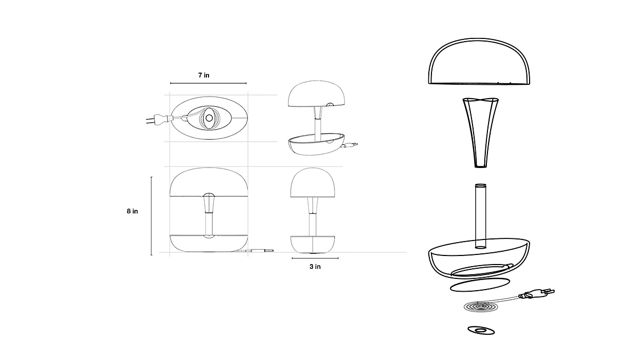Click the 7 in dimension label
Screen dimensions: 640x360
pos(203,75)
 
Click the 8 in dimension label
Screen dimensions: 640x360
pos(132,211)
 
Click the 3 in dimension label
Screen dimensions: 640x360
pos(315,266)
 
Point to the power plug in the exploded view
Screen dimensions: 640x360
pos(538,293)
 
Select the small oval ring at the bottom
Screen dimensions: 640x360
pos(481,331)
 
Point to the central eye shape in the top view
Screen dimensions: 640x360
pos(209,117)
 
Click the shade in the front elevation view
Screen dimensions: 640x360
pos(209,181)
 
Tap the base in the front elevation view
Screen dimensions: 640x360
pos(209,243)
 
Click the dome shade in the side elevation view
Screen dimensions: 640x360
pos(313,182)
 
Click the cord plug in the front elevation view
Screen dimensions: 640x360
pos(262,251)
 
